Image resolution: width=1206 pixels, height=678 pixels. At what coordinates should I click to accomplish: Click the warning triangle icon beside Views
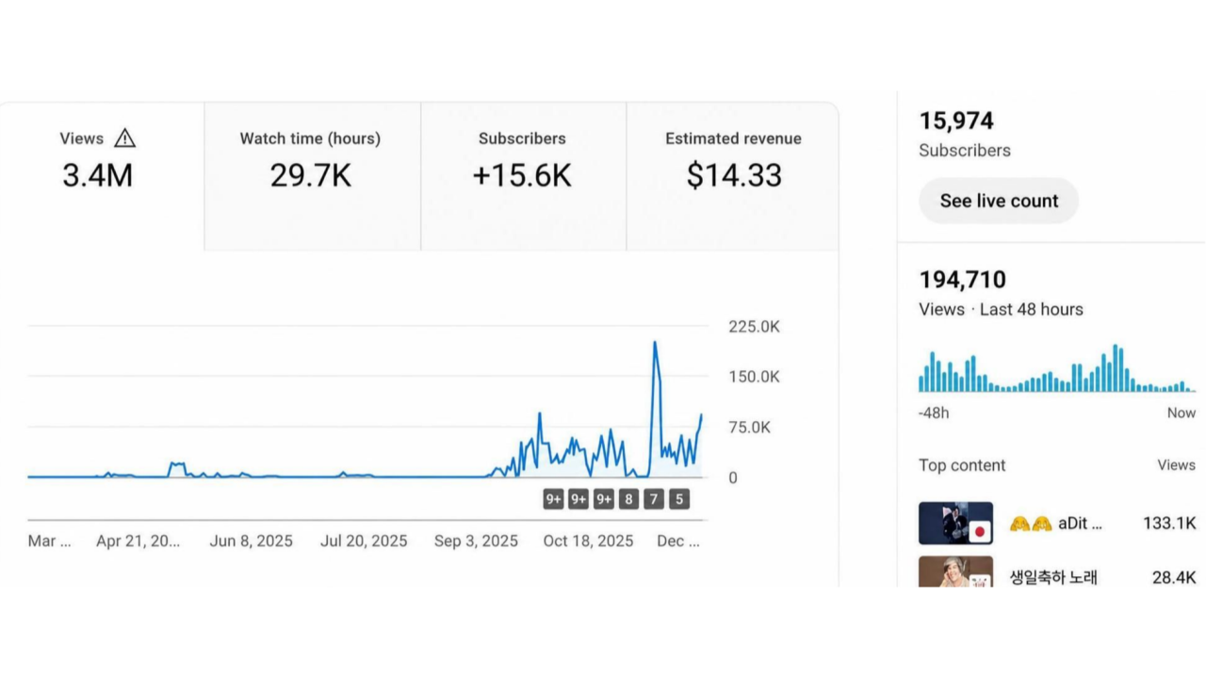tap(125, 138)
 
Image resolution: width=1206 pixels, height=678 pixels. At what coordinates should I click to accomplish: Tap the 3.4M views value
tap(97, 175)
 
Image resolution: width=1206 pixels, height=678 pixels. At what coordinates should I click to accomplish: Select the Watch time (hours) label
tap(310, 138)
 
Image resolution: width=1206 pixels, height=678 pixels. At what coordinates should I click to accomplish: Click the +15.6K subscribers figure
tap(522, 175)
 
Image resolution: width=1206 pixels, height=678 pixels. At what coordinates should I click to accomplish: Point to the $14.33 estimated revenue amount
tap(734, 175)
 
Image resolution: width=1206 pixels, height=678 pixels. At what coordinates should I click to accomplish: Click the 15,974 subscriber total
tap(956, 121)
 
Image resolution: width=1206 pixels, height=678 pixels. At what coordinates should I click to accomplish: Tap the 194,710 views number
tap(963, 280)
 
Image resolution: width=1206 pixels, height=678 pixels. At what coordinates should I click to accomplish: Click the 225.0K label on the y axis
tap(754, 327)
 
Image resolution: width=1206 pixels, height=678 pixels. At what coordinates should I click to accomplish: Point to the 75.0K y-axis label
tap(749, 428)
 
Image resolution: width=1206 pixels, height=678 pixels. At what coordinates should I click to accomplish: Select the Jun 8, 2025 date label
tap(251, 541)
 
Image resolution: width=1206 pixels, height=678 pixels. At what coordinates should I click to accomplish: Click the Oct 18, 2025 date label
tap(588, 541)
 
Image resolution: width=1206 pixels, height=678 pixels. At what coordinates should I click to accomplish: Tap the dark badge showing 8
tap(628, 499)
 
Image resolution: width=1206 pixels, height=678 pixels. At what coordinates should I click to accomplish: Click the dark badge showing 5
tap(679, 499)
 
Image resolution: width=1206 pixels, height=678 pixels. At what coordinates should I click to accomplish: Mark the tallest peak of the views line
tap(655, 342)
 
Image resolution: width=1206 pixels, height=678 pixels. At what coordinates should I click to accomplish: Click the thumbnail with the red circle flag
tap(955, 523)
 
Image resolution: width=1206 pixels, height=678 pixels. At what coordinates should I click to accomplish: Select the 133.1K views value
tap(1169, 523)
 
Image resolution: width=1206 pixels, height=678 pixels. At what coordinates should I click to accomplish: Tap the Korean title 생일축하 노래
tap(1053, 577)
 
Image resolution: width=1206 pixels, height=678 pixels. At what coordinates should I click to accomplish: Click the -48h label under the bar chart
tap(934, 413)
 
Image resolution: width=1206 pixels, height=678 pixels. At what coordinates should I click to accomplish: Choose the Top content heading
tap(962, 465)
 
